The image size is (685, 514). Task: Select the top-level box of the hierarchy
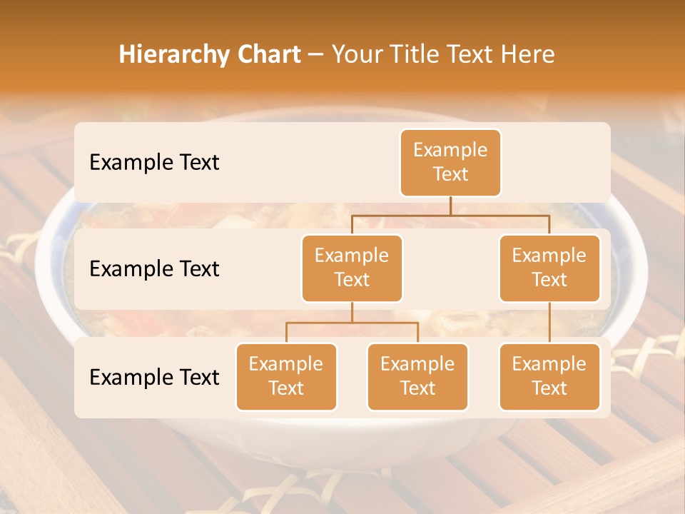pyautogui.click(x=450, y=163)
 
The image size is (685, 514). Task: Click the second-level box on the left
pyautogui.click(x=352, y=268)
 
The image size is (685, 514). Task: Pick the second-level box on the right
pyautogui.click(x=549, y=268)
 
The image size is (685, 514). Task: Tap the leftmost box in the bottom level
pyautogui.click(x=286, y=376)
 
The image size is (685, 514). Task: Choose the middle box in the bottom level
pyautogui.click(x=417, y=376)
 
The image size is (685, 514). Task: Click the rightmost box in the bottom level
pyautogui.click(x=549, y=376)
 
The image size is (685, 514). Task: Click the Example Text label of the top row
pyautogui.click(x=154, y=163)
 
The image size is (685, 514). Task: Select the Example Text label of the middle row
pyautogui.click(x=154, y=269)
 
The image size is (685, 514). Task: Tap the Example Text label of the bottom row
pyautogui.click(x=154, y=377)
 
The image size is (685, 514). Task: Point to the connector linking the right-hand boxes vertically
pyautogui.click(x=549, y=323)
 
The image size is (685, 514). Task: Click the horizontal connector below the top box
pyautogui.click(x=450, y=214)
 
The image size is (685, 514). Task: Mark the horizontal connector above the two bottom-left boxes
pyautogui.click(x=352, y=323)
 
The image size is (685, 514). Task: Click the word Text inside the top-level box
pyautogui.click(x=450, y=174)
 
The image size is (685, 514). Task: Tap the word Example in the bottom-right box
pyautogui.click(x=549, y=364)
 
